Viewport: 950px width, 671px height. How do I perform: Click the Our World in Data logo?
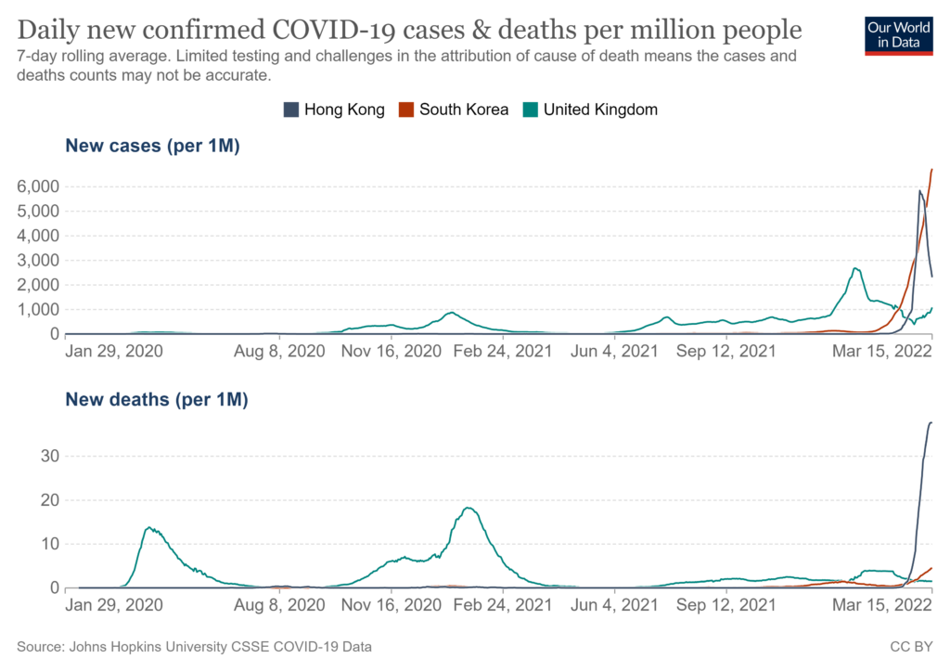[x=898, y=36]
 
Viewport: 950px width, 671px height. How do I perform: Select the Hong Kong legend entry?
[x=334, y=110]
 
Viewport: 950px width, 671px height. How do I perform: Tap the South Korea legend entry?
[x=456, y=110]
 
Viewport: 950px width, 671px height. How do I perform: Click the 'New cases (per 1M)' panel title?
[x=152, y=146]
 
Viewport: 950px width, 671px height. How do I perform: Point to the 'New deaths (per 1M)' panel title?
[x=156, y=400]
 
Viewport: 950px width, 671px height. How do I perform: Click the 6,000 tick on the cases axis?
[x=38, y=187]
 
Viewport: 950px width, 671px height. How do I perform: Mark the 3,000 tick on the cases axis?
[x=38, y=261]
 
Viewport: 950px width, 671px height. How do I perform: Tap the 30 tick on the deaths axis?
[x=49, y=456]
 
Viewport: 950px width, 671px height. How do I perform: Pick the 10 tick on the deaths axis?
[x=49, y=544]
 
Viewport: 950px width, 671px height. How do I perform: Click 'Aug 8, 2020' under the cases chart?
[x=281, y=353]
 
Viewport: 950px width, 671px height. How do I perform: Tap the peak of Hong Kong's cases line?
[x=919, y=190]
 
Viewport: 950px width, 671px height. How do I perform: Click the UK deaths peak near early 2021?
[x=468, y=508]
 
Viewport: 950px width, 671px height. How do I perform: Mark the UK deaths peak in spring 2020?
[x=148, y=527]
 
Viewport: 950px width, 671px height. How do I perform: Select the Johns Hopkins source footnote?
[x=199, y=646]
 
